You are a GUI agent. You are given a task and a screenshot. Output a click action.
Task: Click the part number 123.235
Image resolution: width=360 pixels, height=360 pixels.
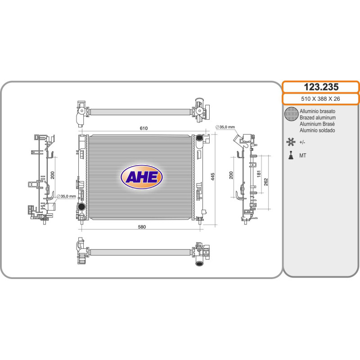321,87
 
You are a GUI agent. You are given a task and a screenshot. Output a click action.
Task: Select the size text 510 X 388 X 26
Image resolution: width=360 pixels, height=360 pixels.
320,99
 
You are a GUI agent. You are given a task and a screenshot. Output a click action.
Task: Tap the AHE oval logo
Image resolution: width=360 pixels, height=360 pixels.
142,177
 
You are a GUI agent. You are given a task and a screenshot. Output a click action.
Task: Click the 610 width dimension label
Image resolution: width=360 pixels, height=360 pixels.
144,128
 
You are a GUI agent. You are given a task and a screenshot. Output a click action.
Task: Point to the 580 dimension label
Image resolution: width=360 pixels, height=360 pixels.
142,227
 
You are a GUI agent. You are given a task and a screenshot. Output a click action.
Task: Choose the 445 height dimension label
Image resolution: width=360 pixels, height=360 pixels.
212,176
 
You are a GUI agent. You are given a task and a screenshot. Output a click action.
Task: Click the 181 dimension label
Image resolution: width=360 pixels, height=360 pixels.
259,174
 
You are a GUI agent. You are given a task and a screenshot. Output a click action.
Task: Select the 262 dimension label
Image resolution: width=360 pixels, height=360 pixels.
266,182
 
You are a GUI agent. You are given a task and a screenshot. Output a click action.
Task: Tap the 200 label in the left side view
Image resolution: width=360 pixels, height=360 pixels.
53,175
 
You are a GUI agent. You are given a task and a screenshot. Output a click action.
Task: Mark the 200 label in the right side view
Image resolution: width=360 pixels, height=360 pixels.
231,175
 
